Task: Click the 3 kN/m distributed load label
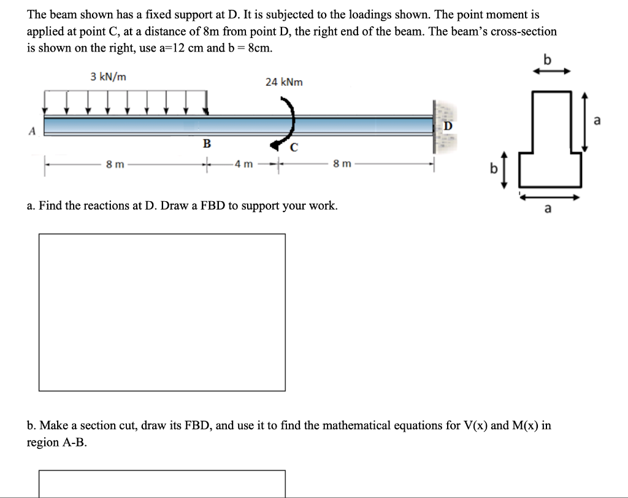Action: click(109, 77)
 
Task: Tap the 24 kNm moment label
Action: click(283, 82)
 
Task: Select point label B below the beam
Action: click(207, 144)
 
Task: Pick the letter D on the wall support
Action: click(447, 126)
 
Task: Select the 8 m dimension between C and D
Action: click(342, 164)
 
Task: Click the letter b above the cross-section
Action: click(548, 59)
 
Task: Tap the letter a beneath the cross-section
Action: click(548, 210)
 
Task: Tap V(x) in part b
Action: click(470, 425)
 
